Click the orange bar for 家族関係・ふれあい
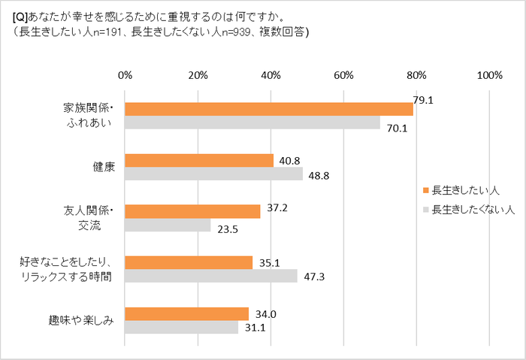tap(269, 109)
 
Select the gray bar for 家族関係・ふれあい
tap(252, 123)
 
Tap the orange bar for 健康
tap(199, 160)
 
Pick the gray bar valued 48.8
tap(213, 174)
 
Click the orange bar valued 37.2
tap(192, 211)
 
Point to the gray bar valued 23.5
tap(168, 225)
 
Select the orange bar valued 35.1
tap(189, 262)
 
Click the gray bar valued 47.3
tap(211, 276)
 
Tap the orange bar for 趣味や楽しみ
tap(186, 313)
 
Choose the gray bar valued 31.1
tap(181, 327)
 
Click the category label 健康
tap(103, 167)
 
